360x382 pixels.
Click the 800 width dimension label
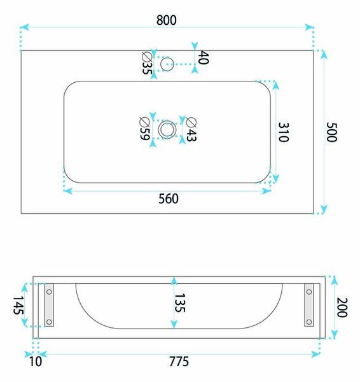167,20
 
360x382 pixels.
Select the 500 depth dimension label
331,132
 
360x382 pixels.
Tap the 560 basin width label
169,199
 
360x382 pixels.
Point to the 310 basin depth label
284,132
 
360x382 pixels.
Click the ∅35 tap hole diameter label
147,63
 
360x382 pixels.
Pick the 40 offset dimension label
203,57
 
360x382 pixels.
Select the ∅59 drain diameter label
144,129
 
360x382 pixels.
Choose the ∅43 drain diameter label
191,129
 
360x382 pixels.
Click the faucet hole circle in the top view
167,64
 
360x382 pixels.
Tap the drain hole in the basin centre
167,129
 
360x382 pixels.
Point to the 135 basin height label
180,303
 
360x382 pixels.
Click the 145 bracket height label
18,305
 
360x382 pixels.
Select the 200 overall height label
342,308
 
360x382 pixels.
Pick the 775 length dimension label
179,362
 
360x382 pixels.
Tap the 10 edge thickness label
36,362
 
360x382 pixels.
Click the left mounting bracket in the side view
49,305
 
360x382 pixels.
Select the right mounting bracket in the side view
309,305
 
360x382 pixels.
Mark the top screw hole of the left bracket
49,292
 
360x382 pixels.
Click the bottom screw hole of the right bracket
309,322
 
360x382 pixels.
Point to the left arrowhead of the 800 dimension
25,27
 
